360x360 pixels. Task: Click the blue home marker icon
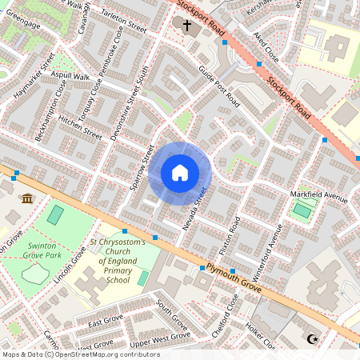coord(180,172)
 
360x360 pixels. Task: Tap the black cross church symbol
coord(187,26)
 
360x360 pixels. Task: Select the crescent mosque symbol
coord(312,339)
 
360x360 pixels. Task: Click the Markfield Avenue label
coord(319,198)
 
